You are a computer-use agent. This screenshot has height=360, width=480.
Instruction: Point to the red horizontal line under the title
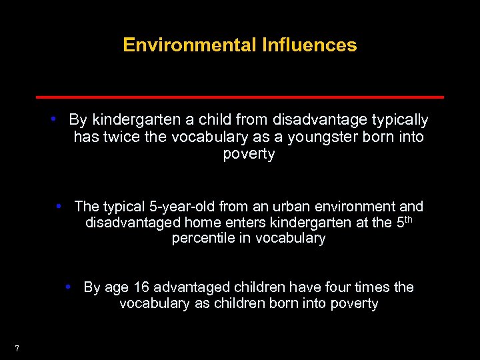point(240,97)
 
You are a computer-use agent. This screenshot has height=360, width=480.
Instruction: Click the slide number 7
point(17,348)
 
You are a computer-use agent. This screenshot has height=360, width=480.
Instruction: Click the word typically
point(398,121)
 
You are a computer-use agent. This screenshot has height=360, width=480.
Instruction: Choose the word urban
point(283,207)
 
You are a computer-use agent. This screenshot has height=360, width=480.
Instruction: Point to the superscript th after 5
point(409,219)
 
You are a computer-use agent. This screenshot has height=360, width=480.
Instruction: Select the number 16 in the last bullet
point(141,287)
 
